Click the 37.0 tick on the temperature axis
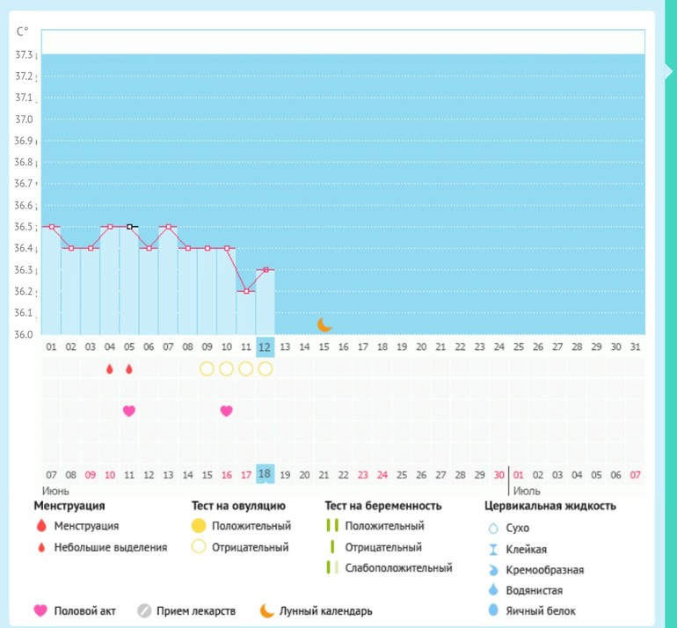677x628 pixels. [x=24, y=119]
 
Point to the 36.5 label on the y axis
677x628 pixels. [x=24, y=227]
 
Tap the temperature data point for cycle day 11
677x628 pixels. [x=246, y=291]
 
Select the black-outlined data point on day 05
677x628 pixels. [x=129, y=227]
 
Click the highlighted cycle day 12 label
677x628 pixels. [x=265, y=347]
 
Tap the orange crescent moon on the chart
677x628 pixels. [x=324, y=325]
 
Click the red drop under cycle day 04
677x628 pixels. [x=110, y=369]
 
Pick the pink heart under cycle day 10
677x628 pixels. [x=227, y=411]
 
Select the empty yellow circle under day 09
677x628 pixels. [x=207, y=369]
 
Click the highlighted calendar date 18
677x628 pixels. [x=265, y=475]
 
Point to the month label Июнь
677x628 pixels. [x=55, y=491]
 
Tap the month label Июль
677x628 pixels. [x=526, y=491]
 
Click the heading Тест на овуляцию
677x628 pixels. [x=238, y=506]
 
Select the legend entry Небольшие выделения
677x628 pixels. [x=110, y=547]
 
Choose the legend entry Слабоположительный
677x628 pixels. [x=398, y=568]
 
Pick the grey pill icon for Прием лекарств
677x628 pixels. [x=145, y=610]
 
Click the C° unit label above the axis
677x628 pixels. [x=23, y=32]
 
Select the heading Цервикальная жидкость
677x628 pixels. [x=550, y=506]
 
